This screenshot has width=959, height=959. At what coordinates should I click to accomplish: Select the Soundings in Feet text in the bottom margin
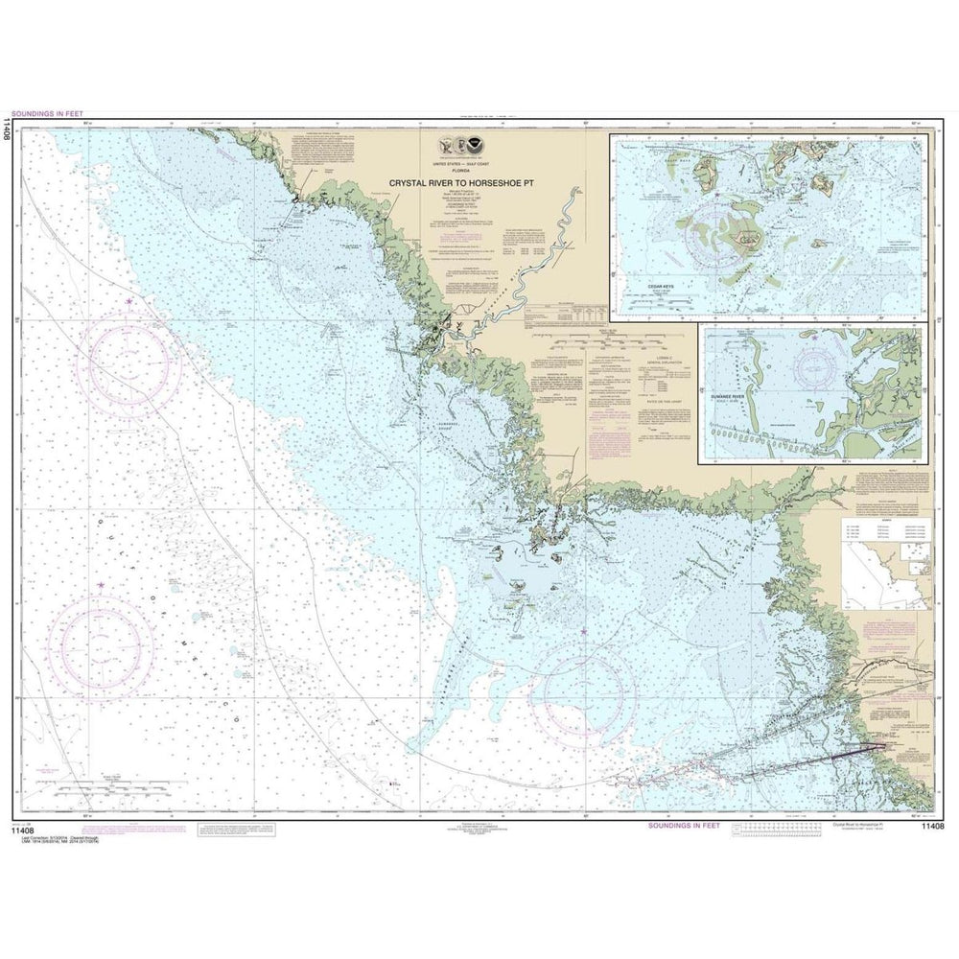pos(680,825)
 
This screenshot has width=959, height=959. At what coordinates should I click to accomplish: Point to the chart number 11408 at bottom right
pos(934,826)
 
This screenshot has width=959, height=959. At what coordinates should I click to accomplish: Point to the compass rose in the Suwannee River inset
pos(815,370)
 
